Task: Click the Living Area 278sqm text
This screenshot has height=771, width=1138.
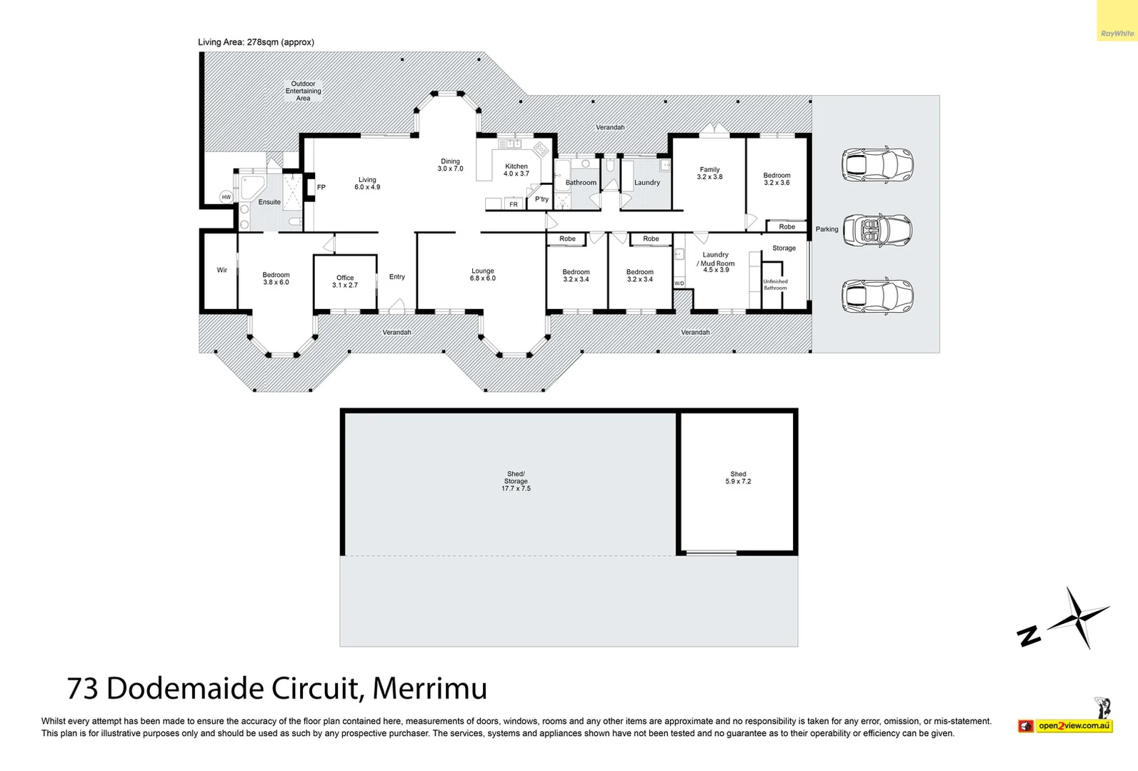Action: [256, 42]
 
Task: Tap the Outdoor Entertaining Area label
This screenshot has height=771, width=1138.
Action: [303, 91]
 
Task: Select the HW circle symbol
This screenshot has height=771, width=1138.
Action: [226, 197]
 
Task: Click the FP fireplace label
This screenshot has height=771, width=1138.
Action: [321, 188]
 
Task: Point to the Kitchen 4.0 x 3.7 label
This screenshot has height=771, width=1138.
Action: [516, 170]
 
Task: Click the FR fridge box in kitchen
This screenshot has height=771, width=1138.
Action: [513, 204]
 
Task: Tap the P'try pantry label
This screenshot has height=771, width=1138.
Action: [541, 199]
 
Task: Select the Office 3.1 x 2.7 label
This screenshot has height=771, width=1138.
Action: [345, 281]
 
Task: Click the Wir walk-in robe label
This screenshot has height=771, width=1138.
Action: [222, 270]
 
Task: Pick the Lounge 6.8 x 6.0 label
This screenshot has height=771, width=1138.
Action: [482, 274]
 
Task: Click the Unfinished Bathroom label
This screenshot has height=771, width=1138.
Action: [775, 284]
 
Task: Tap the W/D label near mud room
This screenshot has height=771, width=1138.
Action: [679, 283]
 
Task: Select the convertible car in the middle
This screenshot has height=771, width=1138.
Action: [877, 230]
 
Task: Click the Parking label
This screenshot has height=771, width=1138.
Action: [827, 229]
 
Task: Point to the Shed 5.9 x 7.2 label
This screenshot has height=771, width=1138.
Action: [738, 478]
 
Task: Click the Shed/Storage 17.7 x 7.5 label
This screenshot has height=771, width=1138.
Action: [516, 481]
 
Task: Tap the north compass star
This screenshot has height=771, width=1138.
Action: [1079, 617]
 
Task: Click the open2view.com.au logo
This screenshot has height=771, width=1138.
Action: [1073, 725]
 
